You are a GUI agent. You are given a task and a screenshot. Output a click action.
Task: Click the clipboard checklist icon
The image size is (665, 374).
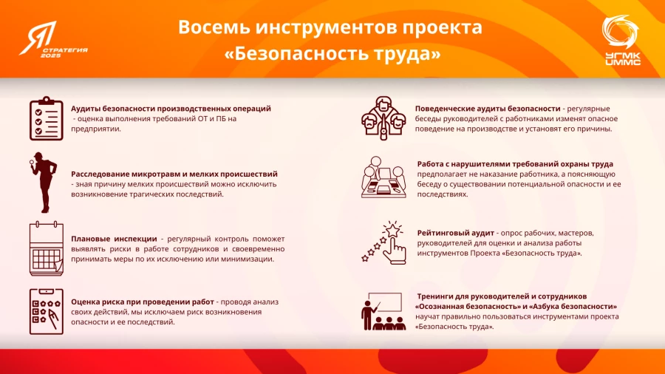click(x=46, y=118)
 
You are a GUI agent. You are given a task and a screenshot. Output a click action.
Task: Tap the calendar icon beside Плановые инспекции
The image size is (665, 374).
click(x=46, y=249)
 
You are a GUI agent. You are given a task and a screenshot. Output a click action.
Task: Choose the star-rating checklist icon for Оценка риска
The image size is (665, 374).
click(x=46, y=311)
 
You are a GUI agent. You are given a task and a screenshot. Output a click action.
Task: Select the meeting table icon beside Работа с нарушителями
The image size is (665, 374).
click(x=383, y=177)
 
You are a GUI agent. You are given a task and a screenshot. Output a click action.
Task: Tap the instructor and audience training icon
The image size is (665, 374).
click(x=383, y=311)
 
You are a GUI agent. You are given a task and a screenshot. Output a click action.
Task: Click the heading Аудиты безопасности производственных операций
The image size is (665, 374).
click(x=171, y=109)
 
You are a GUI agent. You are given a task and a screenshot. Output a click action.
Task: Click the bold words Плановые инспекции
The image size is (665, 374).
click(x=113, y=239)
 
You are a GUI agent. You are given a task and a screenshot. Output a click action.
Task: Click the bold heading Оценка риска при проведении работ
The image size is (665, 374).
click(x=142, y=302)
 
